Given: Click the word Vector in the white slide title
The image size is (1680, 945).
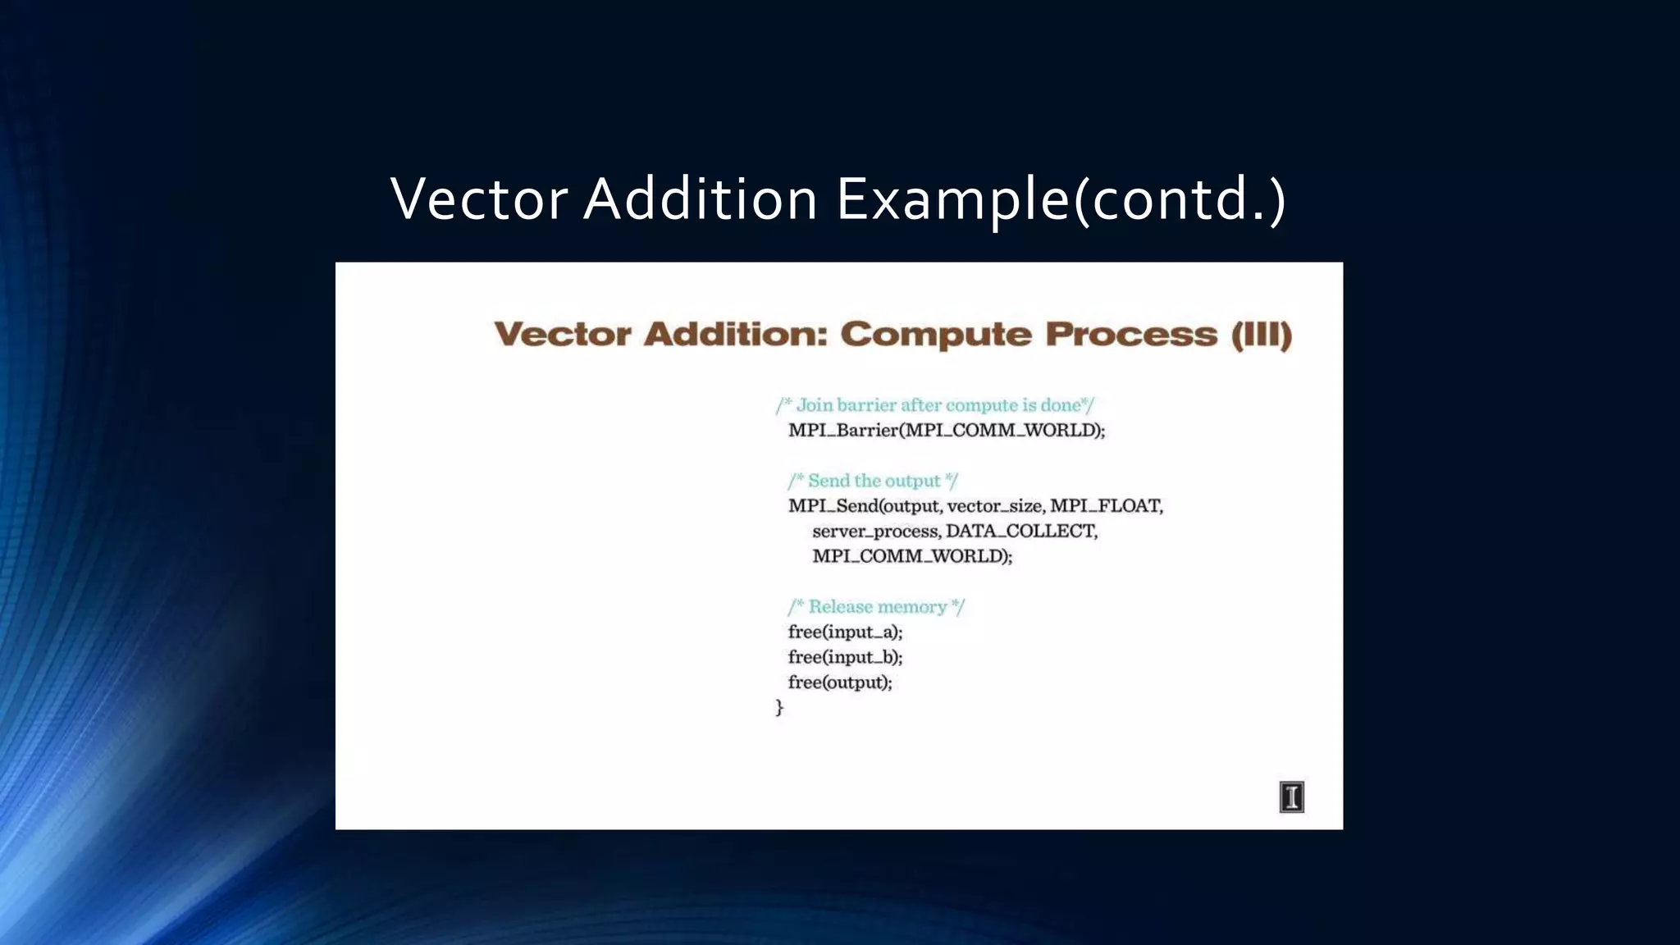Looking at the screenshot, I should pyautogui.click(x=479, y=199).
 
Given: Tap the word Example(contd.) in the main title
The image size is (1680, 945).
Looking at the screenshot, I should pyautogui.click(x=1061, y=199).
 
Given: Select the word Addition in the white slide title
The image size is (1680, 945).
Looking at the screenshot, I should pyautogui.click(x=700, y=199).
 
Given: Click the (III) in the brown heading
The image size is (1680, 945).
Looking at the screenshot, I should pyautogui.click(x=1261, y=335).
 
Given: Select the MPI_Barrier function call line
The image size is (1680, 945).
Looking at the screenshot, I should pyautogui.click(x=946, y=430).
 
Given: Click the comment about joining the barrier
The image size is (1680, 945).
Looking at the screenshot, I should pyautogui.click(x=934, y=405).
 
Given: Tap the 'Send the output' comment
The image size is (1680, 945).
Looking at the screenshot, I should pyautogui.click(x=873, y=481).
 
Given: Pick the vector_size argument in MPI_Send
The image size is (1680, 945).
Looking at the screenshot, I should pyautogui.click(x=995, y=506).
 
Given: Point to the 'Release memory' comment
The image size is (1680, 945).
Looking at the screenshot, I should pyautogui.click(x=876, y=607).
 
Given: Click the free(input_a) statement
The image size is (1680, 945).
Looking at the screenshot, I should pyautogui.click(x=845, y=632).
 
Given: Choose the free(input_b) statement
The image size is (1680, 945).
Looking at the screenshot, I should pyautogui.click(x=845, y=658).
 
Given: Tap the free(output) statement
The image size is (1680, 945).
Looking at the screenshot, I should pyautogui.click(x=839, y=682).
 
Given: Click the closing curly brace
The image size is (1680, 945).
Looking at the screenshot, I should pyautogui.click(x=779, y=707).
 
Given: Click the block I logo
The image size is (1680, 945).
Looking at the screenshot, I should pyautogui.click(x=1291, y=797).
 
